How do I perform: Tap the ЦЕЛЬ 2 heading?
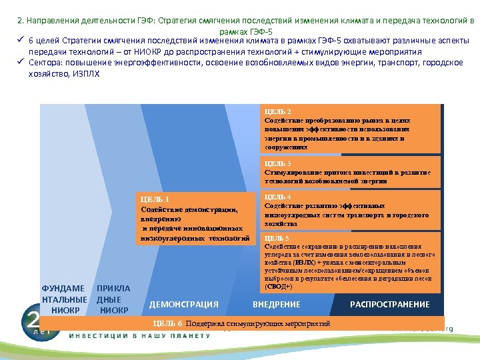coord(277,111)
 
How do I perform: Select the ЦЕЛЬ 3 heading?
coord(277,163)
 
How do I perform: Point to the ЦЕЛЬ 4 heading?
coord(277,197)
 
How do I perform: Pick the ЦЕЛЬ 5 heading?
coord(277,238)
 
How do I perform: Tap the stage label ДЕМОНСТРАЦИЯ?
coord(183,305)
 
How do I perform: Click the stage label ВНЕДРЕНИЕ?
coord(276,305)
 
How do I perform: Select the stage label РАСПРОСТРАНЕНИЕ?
coord(390,305)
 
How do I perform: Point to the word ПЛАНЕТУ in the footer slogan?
coord(189,335)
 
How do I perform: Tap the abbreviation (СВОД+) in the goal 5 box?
coord(279,286)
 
